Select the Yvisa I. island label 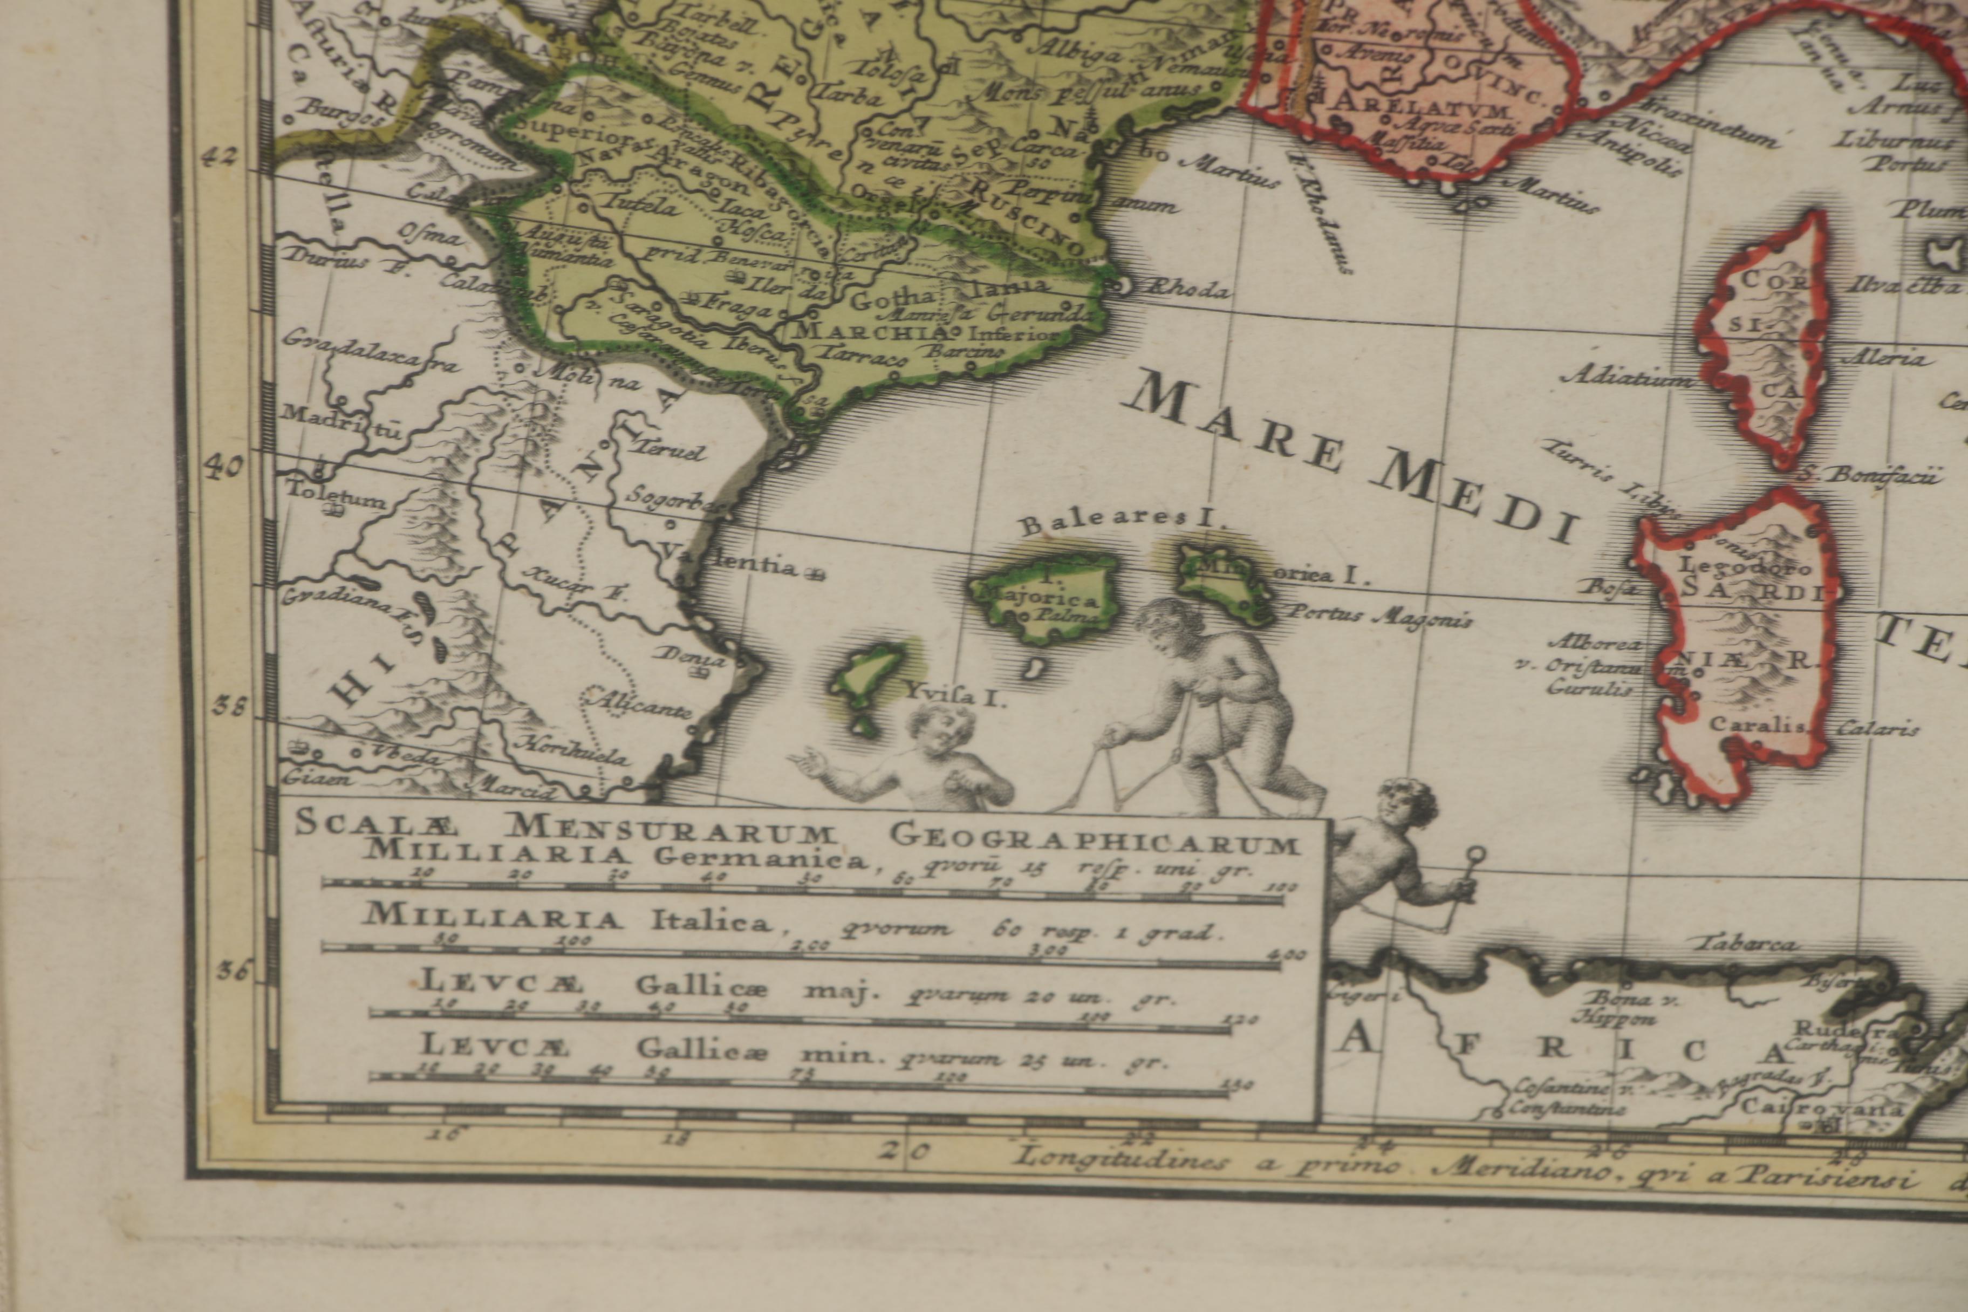[x=954, y=694]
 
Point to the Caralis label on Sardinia [x=1757, y=725]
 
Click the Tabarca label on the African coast [x=1745, y=944]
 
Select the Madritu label [x=343, y=421]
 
